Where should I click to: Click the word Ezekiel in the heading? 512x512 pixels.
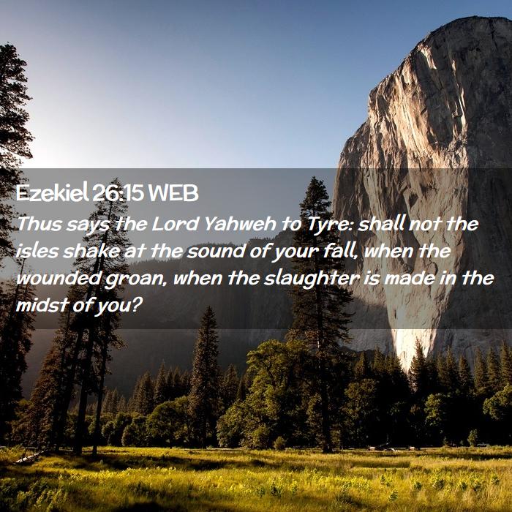[x=52, y=193]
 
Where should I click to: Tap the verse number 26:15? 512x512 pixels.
[x=118, y=193]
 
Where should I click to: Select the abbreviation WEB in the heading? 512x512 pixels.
[x=173, y=193]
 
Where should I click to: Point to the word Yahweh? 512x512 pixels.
[x=241, y=224]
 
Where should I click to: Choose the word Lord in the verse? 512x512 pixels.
[x=176, y=224]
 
